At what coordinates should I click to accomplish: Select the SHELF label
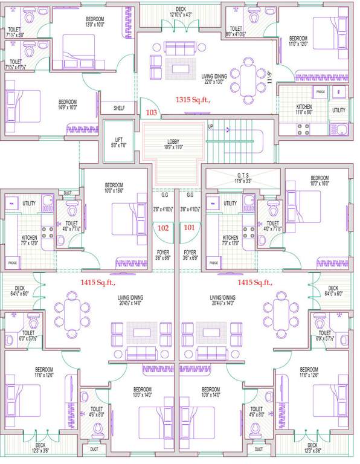tap(119, 108)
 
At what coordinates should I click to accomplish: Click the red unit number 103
tap(151, 113)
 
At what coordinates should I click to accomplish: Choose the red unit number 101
tap(190, 228)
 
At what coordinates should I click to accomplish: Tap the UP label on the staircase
tap(210, 127)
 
